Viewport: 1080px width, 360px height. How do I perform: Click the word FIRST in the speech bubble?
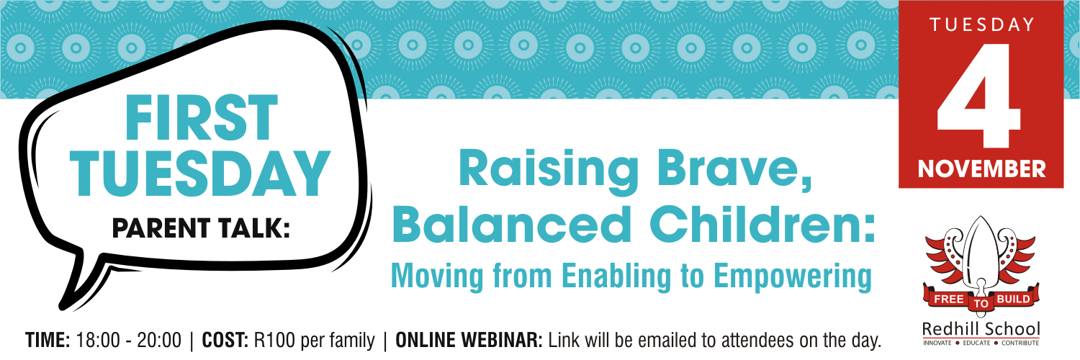(201, 117)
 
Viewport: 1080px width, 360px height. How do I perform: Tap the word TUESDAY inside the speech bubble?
(201, 174)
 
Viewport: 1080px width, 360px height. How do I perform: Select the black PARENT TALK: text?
(201, 228)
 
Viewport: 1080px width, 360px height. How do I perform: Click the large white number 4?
(978, 96)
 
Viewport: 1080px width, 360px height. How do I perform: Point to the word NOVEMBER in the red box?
(981, 169)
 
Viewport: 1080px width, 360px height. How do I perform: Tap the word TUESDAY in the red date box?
(981, 24)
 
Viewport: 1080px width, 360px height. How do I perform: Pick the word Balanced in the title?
(511, 225)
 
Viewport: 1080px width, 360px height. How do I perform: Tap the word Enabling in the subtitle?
(617, 276)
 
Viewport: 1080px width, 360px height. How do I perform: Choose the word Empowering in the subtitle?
(793, 276)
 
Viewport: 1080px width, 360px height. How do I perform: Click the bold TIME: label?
(48, 341)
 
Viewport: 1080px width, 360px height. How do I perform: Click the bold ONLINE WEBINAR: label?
(469, 341)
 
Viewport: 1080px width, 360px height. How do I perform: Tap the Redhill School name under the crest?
(981, 329)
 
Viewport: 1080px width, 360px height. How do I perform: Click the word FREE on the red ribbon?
(948, 300)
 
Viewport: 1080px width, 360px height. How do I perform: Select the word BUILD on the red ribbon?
(1013, 299)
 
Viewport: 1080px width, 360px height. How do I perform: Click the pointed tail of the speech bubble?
(63, 307)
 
